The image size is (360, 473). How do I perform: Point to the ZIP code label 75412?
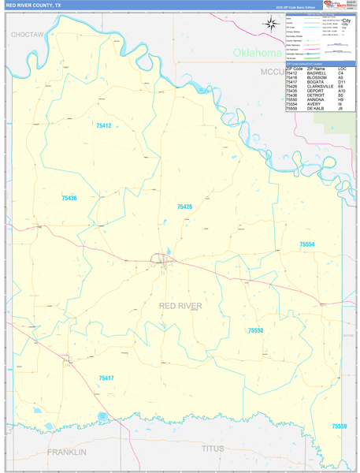pyautogui.click(x=103, y=126)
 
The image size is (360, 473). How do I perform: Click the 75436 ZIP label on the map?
pyautogui.click(x=69, y=198)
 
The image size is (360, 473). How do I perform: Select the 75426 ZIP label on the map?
pyautogui.click(x=184, y=207)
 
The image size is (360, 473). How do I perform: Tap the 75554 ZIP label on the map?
pyautogui.click(x=306, y=245)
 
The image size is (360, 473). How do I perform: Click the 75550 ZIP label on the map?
pyautogui.click(x=255, y=330)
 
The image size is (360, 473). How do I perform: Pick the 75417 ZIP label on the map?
pyautogui.click(x=106, y=378)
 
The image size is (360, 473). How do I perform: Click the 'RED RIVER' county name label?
pyautogui.click(x=180, y=305)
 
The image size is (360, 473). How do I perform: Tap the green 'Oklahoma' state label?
pyautogui.click(x=257, y=53)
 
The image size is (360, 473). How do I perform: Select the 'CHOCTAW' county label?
pyautogui.click(x=28, y=35)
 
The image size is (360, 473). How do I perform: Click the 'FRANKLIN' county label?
pyautogui.click(x=66, y=452)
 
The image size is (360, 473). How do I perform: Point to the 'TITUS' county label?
pyautogui.click(x=213, y=449)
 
